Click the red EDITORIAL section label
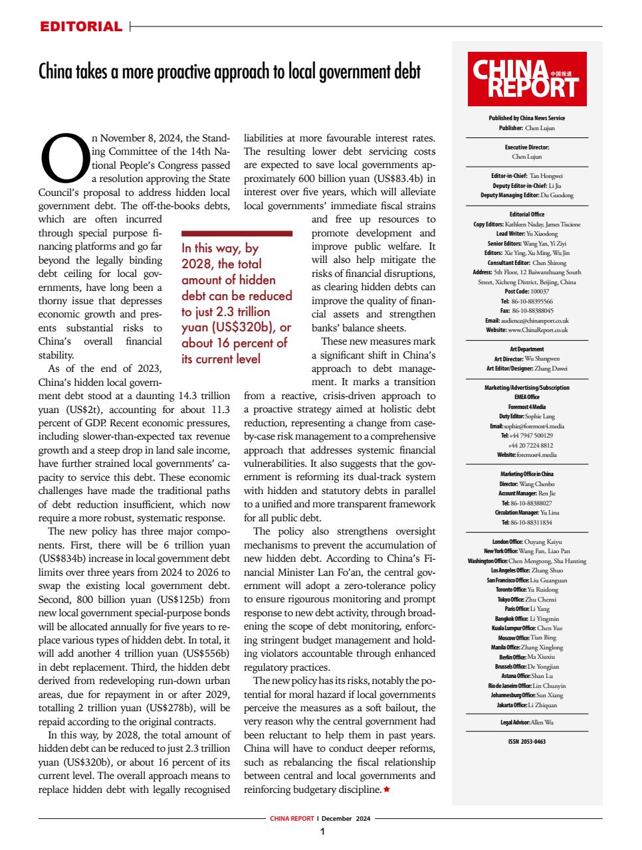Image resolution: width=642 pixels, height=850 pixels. [81, 27]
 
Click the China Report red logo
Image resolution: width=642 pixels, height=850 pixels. [526, 79]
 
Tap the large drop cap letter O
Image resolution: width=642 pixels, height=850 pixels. [64, 159]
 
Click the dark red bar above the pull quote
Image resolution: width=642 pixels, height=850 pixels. [237, 233]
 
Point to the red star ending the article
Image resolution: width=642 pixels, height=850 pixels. [387, 790]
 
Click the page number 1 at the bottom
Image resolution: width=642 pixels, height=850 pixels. [322, 831]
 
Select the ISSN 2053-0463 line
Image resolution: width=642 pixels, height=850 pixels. [526, 742]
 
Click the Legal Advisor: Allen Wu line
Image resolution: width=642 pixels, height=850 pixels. [526, 722]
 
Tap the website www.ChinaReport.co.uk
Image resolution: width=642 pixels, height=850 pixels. [526, 329]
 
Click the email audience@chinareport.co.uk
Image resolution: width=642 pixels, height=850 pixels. [526, 320]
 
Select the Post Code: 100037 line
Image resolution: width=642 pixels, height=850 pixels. [526, 291]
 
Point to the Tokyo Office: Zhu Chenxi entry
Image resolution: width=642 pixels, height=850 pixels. [526, 599]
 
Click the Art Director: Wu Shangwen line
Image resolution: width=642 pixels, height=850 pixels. [526, 358]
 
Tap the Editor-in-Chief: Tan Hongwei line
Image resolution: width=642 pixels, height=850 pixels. [526, 176]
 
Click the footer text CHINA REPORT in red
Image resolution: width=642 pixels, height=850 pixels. [292, 818]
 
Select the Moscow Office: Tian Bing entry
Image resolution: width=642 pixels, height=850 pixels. [526, 637]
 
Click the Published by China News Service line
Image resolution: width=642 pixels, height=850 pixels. [526, 118]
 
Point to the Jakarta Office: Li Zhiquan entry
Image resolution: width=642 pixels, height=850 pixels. [526, 705]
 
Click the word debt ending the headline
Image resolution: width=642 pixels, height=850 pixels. [407, 71]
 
